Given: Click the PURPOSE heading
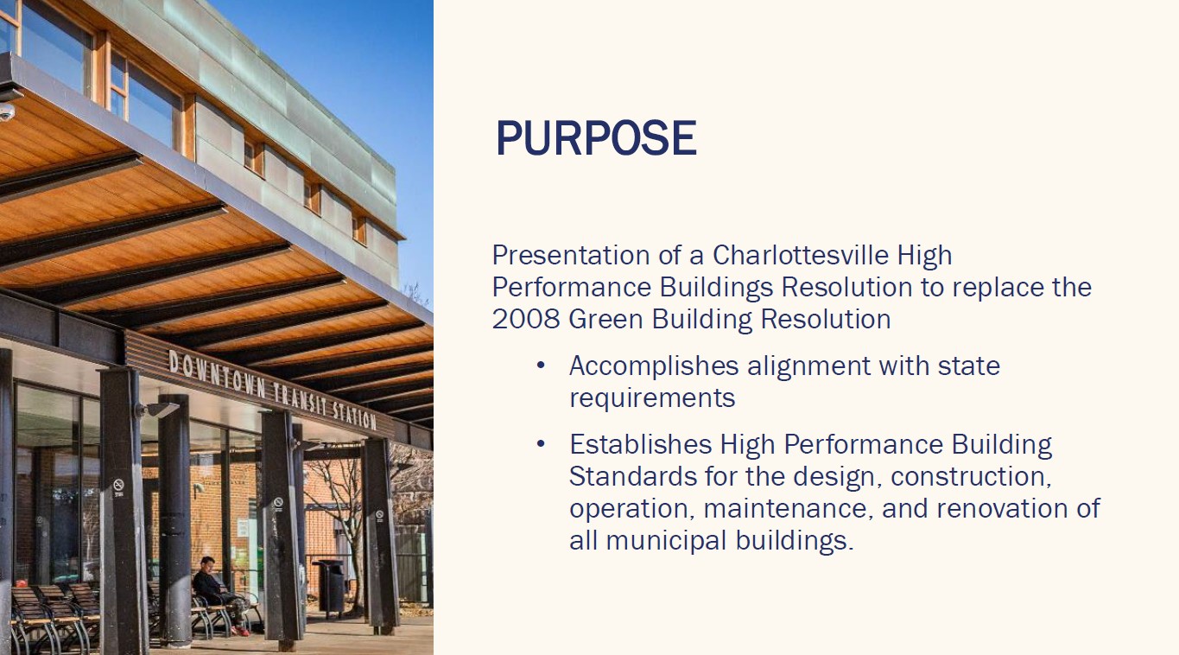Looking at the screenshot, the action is (x=596, y=138).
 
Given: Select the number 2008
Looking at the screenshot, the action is (x=526, y=319).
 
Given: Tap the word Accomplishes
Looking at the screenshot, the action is (x=654, y=366).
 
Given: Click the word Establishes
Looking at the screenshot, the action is (x=641, y=444).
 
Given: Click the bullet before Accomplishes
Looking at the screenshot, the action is (x=541, y=365).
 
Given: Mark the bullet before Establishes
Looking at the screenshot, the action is (x=541, y=444).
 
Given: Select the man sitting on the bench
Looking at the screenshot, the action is (x=220, y=596).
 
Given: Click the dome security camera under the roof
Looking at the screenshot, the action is (x=6, y=111).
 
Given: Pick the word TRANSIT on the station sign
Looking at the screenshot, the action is (x=299, y=399).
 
